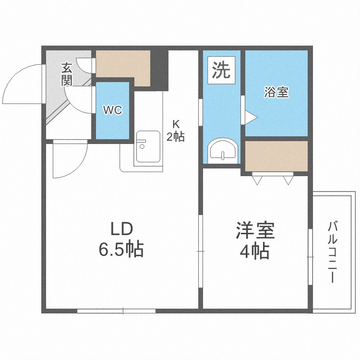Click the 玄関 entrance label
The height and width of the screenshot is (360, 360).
67,74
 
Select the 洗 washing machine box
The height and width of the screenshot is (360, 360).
221,71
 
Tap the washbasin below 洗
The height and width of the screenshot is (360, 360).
223,151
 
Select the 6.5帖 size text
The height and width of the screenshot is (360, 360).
121,250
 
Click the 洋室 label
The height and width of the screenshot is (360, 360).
255,231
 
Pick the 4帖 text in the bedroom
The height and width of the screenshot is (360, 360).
255,251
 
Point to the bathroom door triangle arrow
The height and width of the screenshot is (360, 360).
252,117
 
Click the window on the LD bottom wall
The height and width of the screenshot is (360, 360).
117,311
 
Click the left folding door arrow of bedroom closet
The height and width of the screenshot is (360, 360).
257,180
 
